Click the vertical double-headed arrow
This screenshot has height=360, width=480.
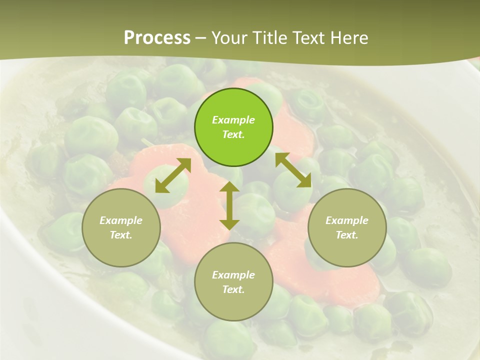click(x=229, y=205)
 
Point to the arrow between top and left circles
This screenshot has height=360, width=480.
click(x=173, y=175)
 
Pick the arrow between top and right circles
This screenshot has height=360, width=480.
click(x=293, y=170)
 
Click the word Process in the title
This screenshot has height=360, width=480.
click(x=157, y=37)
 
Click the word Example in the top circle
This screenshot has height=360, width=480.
click(x=233, y=120)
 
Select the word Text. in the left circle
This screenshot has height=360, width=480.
click(x=121, y=235)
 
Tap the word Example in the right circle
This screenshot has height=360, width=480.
click(x=347, y=220)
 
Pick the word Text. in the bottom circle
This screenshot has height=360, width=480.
click(x=233, y=289)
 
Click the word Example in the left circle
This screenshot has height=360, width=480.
click(x=121, y=220)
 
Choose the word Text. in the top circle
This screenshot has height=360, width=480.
click(x=233, y=134)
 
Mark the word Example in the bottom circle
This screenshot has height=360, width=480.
click(x=233, y=275)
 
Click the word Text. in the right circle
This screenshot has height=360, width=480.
click(x=347, y=235)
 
